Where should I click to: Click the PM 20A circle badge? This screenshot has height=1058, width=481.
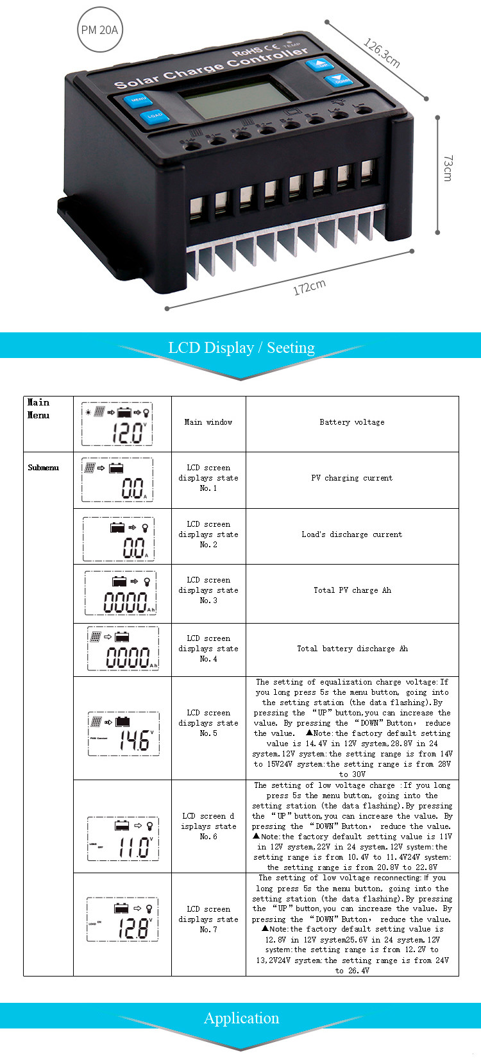click(99, 30)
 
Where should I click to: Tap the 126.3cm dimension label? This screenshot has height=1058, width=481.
click(382, 53)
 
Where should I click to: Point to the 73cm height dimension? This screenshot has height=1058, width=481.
click(448, 168)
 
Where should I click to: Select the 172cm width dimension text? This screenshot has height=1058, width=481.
click(309, 287)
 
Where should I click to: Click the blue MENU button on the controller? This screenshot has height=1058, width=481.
click(138, 100)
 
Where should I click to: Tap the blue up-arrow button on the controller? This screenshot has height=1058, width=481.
click(318, 65)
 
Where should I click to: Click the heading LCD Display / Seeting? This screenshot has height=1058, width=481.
click(241, 348)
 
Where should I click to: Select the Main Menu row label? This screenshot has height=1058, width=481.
click(38, 409)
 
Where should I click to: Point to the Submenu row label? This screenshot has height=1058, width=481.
click(43, 468)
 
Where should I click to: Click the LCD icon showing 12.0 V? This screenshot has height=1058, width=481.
click(117, 425)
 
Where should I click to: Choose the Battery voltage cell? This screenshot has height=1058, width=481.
click(352, 422)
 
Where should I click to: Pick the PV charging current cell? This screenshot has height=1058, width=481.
click(352, 478)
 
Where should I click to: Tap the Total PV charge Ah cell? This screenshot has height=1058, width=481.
click(352, 590)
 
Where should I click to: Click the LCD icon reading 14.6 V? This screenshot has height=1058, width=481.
click(123, 733)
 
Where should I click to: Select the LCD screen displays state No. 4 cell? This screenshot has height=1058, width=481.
click(208, 649)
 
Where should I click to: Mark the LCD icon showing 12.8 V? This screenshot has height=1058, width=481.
click(122, 919)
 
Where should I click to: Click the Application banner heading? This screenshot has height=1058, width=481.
click(241, 1018)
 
